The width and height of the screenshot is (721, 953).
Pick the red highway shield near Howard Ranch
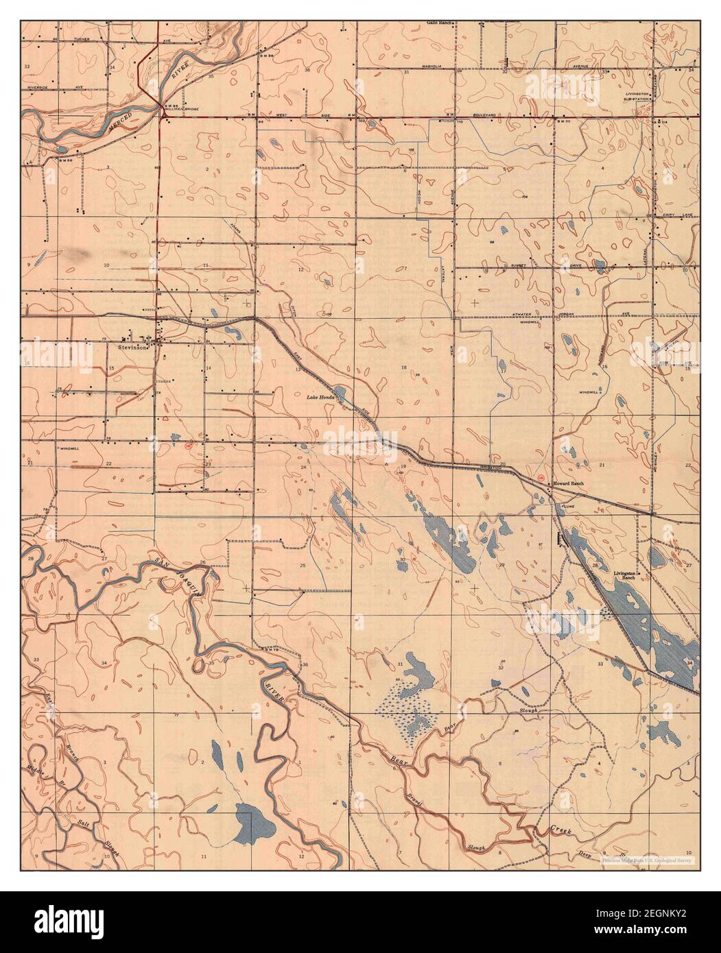pos(541,477)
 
